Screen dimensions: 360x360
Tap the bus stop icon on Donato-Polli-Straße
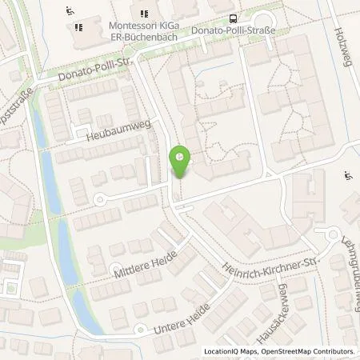233,18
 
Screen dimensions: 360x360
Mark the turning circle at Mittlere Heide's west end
118,270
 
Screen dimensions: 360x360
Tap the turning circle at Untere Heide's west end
140,330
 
